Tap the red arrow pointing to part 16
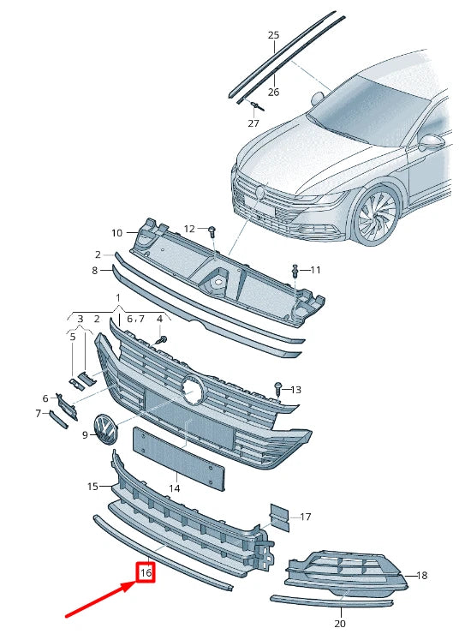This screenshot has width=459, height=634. click(98, 599)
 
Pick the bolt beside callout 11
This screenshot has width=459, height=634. click(295, 271)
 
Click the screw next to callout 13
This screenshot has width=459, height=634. click(277, 390)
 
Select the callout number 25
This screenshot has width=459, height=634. click(273, 35)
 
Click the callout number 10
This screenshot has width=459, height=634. click(117, 232)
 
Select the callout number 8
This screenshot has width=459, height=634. click(96, 271)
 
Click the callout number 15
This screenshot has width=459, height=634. click(93, 487)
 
